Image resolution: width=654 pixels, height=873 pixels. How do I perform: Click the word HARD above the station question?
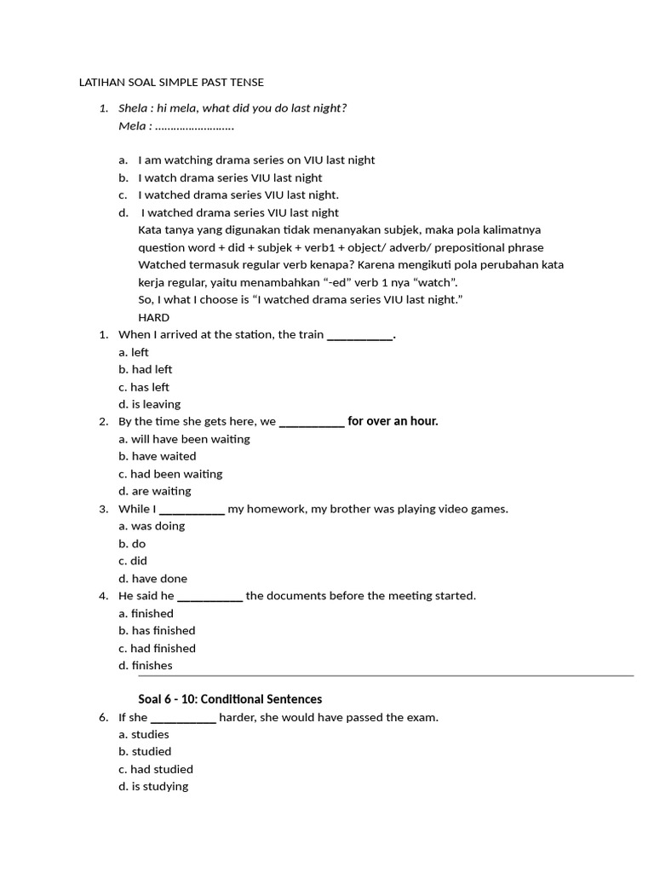153,317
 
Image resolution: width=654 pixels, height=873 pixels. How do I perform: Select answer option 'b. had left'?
146,369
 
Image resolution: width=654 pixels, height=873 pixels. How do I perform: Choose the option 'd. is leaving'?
150,404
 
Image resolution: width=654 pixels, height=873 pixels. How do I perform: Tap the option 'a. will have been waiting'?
184,439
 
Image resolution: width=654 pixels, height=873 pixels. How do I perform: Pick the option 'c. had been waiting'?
170,474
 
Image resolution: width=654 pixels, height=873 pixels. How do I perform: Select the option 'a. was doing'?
152,526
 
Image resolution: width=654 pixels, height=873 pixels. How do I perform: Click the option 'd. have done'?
153,578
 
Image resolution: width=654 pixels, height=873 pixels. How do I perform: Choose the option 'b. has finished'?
157,630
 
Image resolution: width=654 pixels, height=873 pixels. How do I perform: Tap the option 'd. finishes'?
146,665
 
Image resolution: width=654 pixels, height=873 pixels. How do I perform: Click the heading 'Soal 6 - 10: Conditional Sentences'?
230,699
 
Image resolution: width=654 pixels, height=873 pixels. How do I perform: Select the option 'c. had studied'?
156,769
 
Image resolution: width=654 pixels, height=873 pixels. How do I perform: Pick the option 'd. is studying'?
153,786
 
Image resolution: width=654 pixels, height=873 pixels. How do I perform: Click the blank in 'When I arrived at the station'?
359,335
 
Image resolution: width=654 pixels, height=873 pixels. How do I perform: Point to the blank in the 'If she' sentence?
183,718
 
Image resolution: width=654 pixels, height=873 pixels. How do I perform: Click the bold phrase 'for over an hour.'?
393,421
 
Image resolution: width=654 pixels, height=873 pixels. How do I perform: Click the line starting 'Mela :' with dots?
176,126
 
